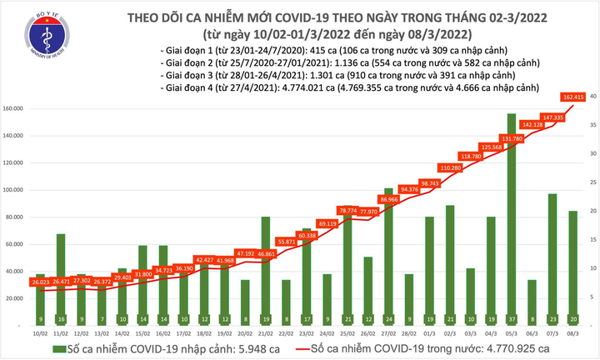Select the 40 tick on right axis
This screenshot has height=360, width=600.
point(592,97)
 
